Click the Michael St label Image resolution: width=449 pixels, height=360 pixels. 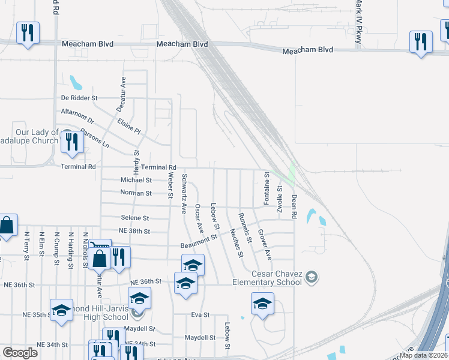pos(136,179)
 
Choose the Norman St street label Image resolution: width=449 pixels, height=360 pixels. pos(136,193)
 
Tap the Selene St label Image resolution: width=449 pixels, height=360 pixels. pos(134,218)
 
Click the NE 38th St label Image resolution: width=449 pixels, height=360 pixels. pos(134,230)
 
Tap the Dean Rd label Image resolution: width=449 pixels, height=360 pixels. pos(294,206)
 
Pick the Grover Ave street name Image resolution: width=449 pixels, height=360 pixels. pos(265,244)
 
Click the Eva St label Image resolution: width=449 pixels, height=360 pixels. pos(201,314)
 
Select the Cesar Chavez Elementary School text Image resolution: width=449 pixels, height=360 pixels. pos(268,278)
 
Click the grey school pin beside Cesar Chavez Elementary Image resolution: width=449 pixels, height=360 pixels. pos(311,277)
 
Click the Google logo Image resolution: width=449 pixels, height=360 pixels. pos(20,353)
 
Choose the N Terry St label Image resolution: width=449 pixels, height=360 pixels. pos(27,246)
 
